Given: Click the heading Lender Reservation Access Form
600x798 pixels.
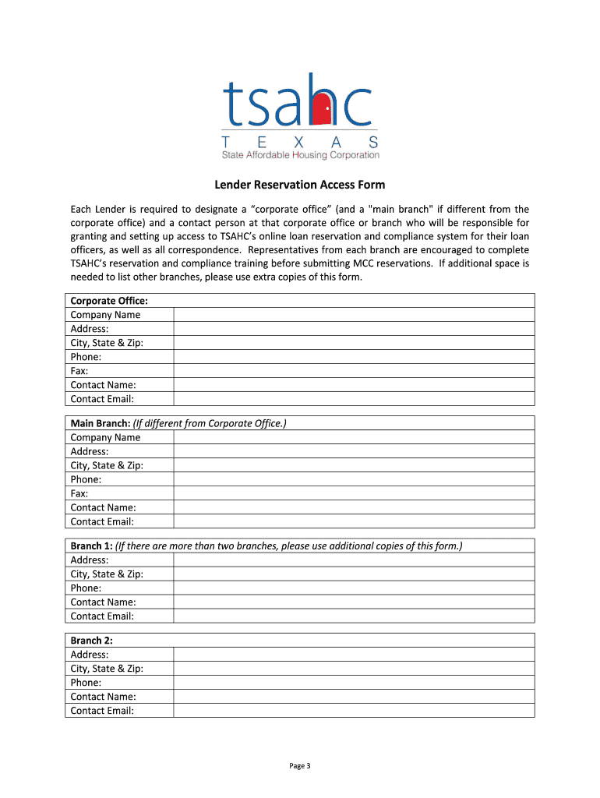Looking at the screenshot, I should (300, 185).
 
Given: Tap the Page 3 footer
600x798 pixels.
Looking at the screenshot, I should (300, 765).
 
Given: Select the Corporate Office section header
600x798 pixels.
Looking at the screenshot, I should (109, 301).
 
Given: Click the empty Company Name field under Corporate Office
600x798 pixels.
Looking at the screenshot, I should (354, 315).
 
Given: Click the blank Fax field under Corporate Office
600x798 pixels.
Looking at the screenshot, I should (354, 371).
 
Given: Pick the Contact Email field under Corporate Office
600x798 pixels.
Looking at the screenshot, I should (354, 399).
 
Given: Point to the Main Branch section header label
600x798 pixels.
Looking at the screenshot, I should (101, 423).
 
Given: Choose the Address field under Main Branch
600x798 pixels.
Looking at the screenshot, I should (354, 451).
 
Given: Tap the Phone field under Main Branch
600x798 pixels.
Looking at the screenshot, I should (354, 479).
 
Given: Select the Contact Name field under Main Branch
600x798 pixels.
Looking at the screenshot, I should (354, 507).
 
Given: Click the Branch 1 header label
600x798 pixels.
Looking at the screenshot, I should (92, 546).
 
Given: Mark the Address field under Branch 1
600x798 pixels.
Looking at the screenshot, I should (354, 560).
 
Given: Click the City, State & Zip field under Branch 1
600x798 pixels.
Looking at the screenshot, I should (354, 574).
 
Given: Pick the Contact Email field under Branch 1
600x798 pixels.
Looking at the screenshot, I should (354, 616).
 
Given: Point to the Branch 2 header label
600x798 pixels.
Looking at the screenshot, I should (92, 641).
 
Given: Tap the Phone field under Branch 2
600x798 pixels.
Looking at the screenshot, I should (354, 683).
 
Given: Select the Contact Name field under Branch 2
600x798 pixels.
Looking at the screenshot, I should (354, 697).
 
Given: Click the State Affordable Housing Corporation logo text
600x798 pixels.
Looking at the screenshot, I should (300, 155).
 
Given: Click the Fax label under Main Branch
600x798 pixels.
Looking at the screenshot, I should (79, 493).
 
